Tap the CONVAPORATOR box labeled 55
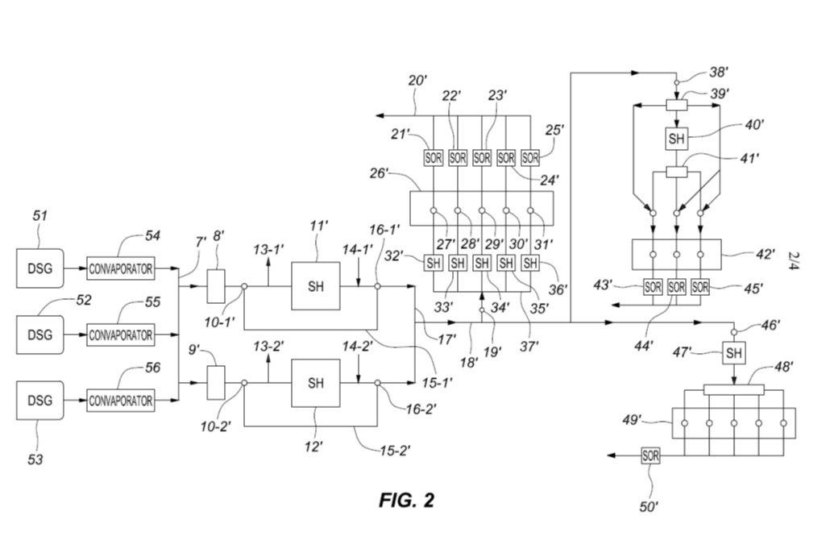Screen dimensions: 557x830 click(x=120, y=335)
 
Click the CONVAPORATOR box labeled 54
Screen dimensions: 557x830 click(x=120, y=269)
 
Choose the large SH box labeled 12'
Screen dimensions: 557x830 click(x=316, y=384)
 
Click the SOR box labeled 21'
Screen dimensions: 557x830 click(x=434, y=158)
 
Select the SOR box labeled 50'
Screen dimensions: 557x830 click(x=651, y=455)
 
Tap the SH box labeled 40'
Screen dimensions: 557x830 click(x=676, y=139)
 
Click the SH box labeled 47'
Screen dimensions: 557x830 click(x=733, y=353)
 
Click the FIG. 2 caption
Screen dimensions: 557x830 click(x=406, y=500)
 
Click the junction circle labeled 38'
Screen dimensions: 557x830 click(x=676, y=81)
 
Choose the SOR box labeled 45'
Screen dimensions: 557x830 click(x=700, y=286)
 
